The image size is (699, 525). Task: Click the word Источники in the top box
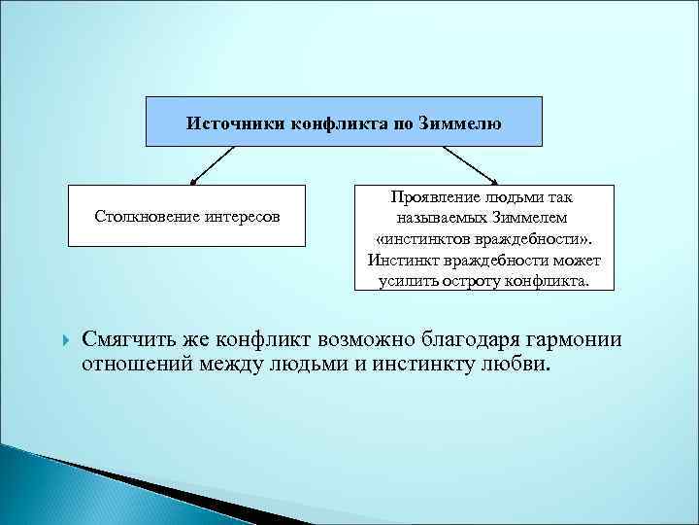tap(229, 122)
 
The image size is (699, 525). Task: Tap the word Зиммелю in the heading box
tap(461, 122)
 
